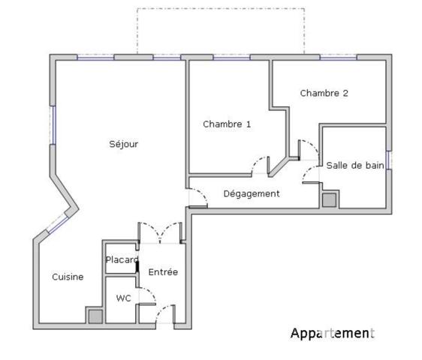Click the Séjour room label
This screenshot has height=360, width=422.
point(123,144)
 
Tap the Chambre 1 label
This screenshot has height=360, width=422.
point(227,124)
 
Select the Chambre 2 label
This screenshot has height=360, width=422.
point(324,94)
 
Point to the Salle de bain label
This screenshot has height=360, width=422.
point(355,165)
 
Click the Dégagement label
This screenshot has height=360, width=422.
point(252,193)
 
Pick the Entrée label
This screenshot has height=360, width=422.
point(163,271)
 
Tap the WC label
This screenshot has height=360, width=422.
point(123,298)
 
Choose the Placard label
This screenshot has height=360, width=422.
point(122,259)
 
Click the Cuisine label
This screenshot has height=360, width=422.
point(68,277)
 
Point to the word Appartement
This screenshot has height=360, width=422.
point(331,333)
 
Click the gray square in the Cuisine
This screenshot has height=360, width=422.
point(95,316)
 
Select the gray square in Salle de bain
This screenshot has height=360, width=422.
point(329,200)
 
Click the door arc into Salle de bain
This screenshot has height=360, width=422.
point(310,174)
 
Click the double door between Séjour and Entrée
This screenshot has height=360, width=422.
point(160,232)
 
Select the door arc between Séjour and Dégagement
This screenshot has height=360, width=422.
point(197,196)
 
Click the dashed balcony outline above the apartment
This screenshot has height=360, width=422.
point(220,10)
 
